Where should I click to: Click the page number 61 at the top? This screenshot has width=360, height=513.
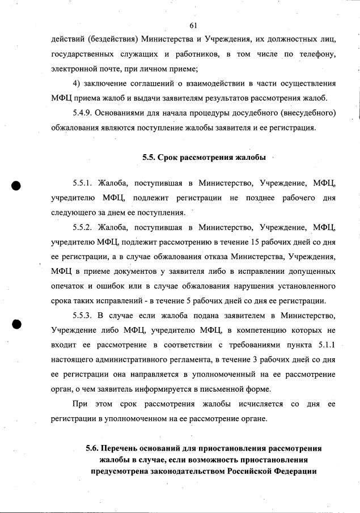[x=193, y=26]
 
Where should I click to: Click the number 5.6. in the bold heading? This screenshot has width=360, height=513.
[x=93, y=448]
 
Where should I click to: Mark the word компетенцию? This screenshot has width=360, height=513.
[x=250, y=330]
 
